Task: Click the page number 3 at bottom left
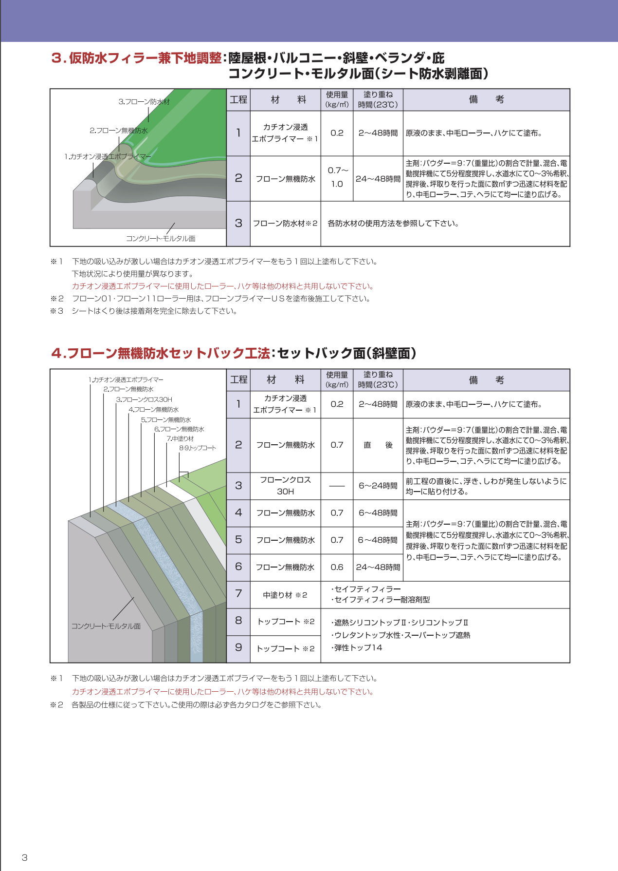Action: [x=25, y=858]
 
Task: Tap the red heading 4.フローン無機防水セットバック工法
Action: [x=161, y=353]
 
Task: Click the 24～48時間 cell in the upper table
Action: [x=378, y=179]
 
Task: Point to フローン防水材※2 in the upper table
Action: [x=285, y=224]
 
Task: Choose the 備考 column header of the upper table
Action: [x=486, y=100]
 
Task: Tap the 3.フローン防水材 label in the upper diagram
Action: [x=144, y=102]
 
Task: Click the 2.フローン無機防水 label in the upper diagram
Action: [x=118, y=131]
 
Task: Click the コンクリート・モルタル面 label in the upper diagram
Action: [x=161, y=239]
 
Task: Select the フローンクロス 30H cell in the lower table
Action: [x=286, y=486]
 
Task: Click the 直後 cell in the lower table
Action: [x=378, y=445]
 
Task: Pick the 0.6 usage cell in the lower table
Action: [x=337, y=568]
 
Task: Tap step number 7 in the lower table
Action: [x=238, y=594]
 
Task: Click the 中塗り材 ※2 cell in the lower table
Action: [x=285, y=595]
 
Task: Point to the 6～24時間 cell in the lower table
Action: [x=378, y=486]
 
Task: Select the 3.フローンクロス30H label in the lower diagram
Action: [x=144, y=399]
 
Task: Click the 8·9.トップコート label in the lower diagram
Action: [x=198, y=448]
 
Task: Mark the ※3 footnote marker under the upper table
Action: [x=57, y=311]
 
